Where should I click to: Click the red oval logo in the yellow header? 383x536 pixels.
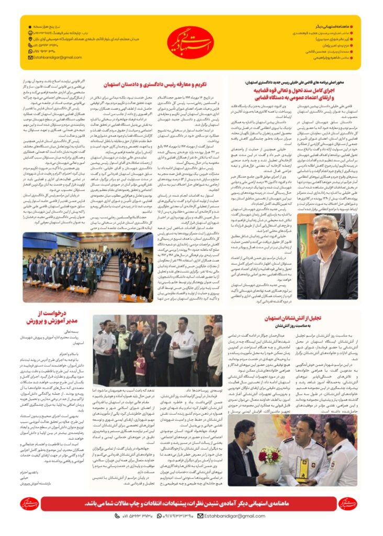coord(191,42)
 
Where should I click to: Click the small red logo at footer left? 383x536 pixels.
coord(30,504)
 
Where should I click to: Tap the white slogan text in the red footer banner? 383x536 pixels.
coord(191,504)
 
